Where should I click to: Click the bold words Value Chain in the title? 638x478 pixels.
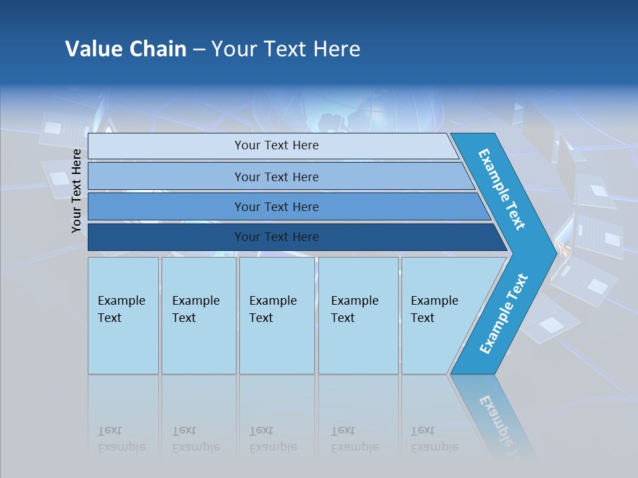pos(126,49)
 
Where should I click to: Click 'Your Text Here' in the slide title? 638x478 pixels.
pos(286,49)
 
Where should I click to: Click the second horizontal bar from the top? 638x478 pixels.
pos(276,177)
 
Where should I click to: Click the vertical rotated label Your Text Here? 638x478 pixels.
pos(76,191)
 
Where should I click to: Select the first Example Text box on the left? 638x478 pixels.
pos(123,315)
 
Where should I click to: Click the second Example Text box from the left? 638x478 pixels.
pos(198,315)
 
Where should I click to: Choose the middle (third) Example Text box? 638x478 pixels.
pos(276,315)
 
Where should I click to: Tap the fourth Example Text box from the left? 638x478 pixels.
pos(358,315)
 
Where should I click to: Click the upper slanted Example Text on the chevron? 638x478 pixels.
pos(502,189)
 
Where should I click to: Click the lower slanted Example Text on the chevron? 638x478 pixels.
pos(504,313)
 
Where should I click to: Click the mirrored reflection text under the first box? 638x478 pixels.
pos(122,439)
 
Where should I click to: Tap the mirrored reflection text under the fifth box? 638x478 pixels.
pos(435,439)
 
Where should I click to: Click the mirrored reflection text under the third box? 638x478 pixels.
pos(273,439)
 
